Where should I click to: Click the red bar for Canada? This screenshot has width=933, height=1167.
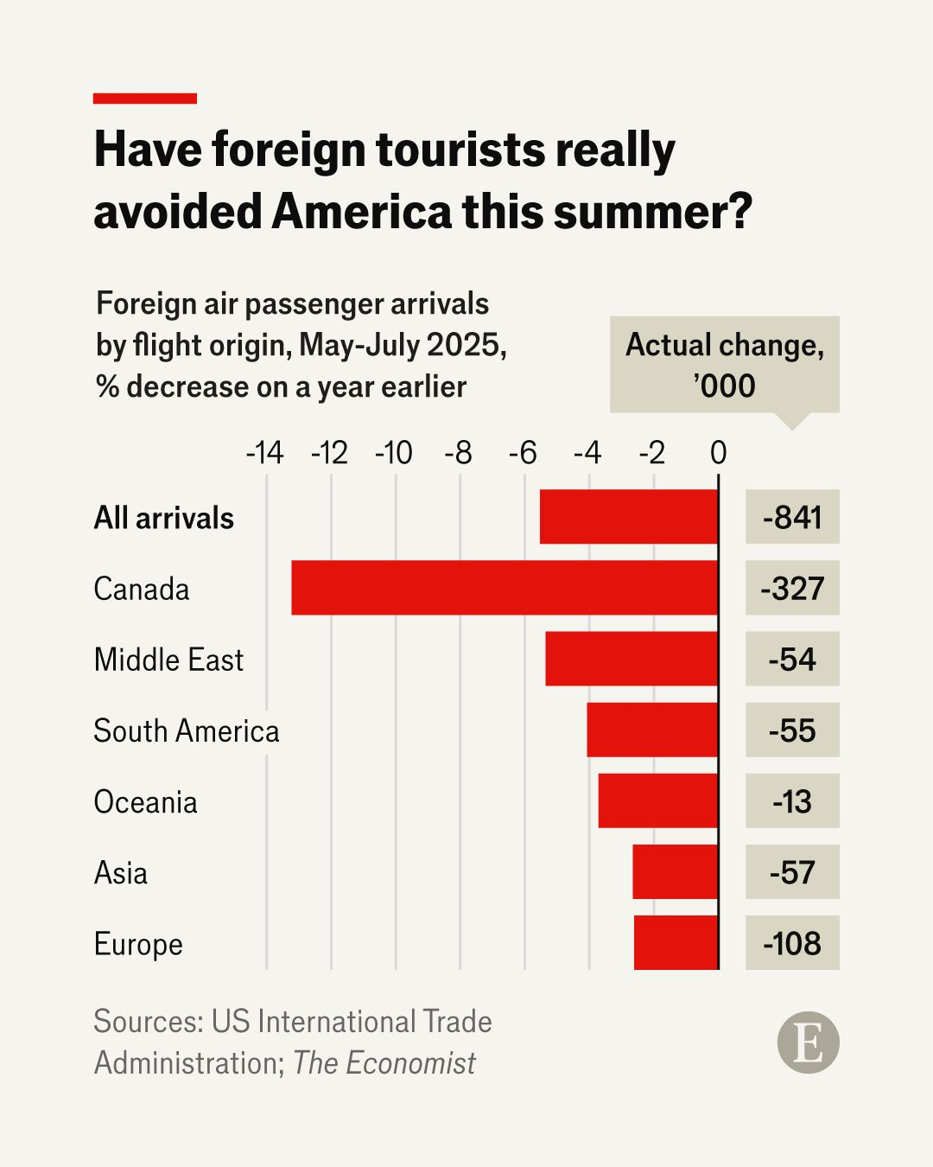pyautogui.click(x=505, y=588)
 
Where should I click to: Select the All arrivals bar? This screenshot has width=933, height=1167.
pyautogui.click(x=629, y=517)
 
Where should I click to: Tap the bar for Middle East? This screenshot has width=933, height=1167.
pyautogui.click(x=632, y=659)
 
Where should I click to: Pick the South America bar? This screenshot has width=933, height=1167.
pyautogui.click(x=652, y=730)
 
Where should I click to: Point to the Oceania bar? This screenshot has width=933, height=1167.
pyautogui.click(x=658, y=800)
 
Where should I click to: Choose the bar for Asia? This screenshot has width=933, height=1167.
pyautogui.click(x=675, y=871)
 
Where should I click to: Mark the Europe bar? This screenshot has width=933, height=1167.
pyautogui.click(x=676, y=942)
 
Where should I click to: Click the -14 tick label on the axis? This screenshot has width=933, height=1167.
pyautogui.click(x=264, y=453)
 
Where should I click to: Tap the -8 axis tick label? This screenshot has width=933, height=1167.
pyautogui.click(x=458, y=453)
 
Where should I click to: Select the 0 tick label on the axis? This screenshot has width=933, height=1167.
pyautogui.click(x=718, y=453)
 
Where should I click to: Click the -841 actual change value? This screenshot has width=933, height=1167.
pyautogui.click(x=792, y=517)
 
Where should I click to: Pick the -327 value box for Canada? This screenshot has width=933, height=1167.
pyautogui.click(x=792, y=588)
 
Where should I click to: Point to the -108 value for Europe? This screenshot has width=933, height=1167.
pyautogui.click(x=792, y=942)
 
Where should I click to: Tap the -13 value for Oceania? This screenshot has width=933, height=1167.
pyautogui.click(x=792, y=800)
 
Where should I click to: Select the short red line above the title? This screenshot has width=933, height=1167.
pyautogui.click(x=144, y=99)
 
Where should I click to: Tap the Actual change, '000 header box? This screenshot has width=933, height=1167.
pyautogui.click(x=724, y=365)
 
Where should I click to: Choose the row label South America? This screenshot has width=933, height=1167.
pyautogui.click(x=187, y=730)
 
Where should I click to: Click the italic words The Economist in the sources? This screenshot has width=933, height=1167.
pyautogui.click(x=384, y=1062)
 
